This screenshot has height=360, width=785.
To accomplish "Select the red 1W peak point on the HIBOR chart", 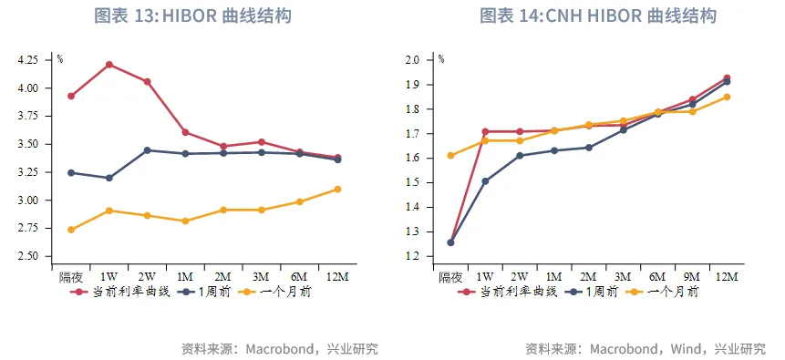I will tap(108, 65).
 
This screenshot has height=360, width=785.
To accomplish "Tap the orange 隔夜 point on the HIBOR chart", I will tap(71, 230).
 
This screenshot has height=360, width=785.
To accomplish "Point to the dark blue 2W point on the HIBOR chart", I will tap(147, 150).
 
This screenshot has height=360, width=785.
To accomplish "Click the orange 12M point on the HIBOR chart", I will tap(337, 190).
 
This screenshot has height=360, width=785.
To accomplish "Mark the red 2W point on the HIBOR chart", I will tap(147, 82).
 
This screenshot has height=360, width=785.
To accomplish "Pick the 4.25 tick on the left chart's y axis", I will tap(28, 60).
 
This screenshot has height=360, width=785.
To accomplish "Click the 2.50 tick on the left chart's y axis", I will tap(28, 256).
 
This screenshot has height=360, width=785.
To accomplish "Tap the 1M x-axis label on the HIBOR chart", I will tap(185, 276).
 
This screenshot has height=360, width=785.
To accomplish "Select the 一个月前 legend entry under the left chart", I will tap(281, 292).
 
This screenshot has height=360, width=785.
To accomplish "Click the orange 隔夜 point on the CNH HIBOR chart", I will tap(450, 155).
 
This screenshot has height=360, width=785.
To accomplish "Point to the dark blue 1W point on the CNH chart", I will tap(485, 181).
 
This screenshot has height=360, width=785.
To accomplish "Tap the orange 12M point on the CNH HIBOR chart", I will tap(727, 97).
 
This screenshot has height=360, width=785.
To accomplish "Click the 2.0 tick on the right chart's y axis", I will tap(412, 60).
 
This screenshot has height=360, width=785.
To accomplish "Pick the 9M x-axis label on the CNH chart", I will tap(692, 276).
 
